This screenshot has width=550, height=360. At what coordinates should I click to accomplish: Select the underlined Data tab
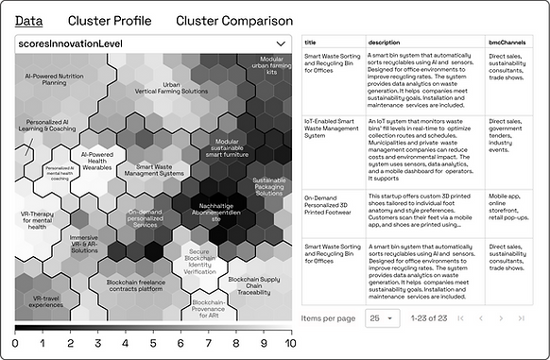(x=28, y=21)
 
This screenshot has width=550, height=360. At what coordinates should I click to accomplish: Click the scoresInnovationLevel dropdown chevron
(x=281, y=43)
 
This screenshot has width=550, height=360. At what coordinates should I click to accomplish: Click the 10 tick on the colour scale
(x=289, y=344)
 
